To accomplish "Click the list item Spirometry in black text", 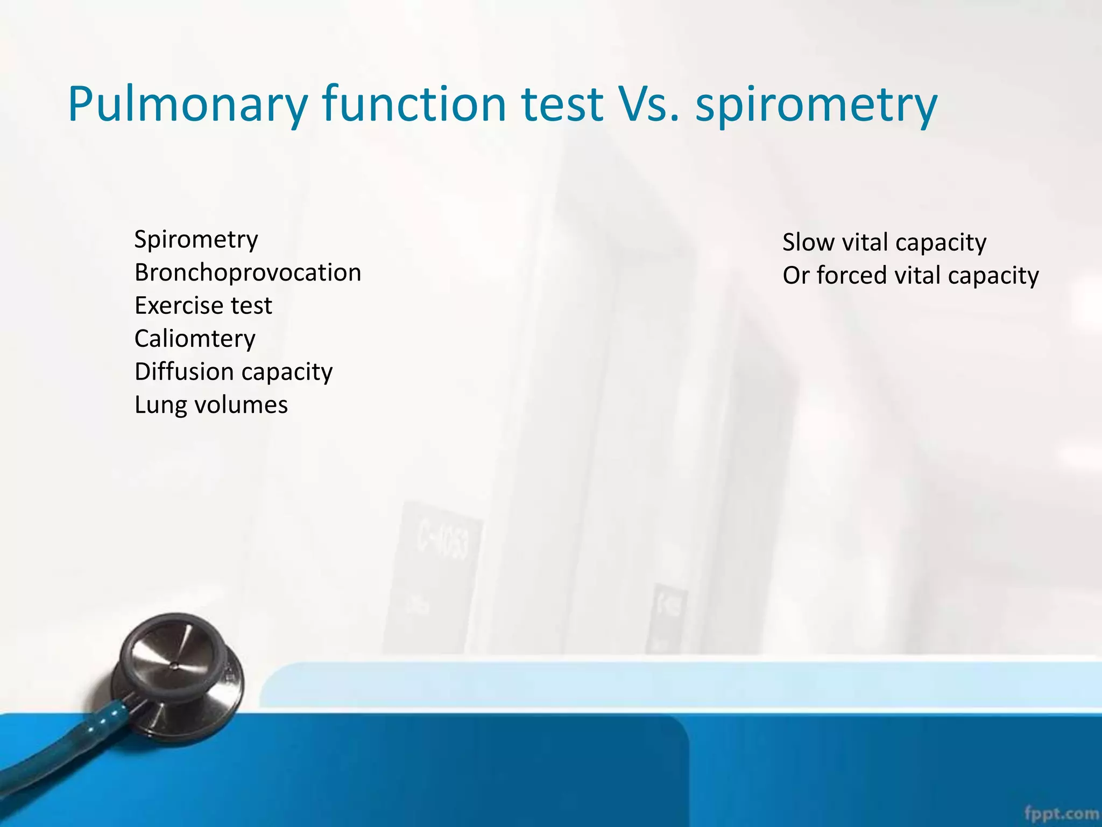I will (x=196, y=240).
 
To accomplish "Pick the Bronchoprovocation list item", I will (x=248, y=272).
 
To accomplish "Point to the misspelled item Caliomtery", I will (x=195, y=339).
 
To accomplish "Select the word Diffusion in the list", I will (x=184, y=372).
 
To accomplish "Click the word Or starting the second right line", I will (x=796, y=276).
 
